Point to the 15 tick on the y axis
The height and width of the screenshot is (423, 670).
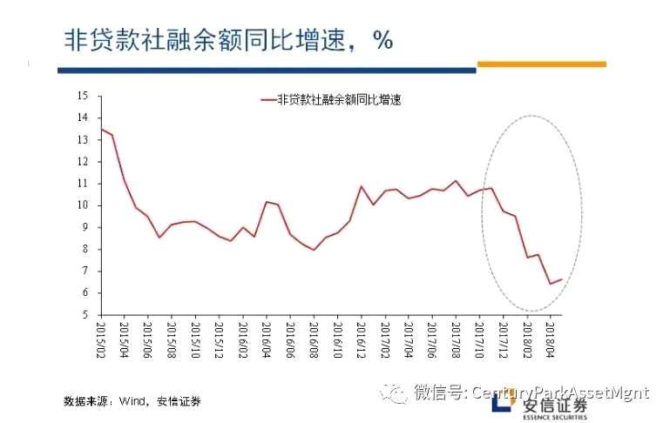tap(84, 95)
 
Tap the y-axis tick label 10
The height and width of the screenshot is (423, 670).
tap(84, 205)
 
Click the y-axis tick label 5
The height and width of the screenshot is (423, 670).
tap(86, 314)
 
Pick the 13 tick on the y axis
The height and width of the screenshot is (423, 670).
tap(84, 139)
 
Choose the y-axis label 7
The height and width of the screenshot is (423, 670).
tap(86, 271)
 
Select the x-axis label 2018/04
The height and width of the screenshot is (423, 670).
tap(550, 341)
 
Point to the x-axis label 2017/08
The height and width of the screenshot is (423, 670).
tap(455, 341)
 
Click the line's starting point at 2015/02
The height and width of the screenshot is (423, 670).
tap(101, 129)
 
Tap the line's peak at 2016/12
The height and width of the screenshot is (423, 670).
tap(361, 186)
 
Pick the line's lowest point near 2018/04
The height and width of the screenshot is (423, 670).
tap(550, 283)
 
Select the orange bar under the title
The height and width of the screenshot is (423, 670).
tap(541, 64)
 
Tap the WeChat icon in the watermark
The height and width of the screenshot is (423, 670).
tap(396, 393)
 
